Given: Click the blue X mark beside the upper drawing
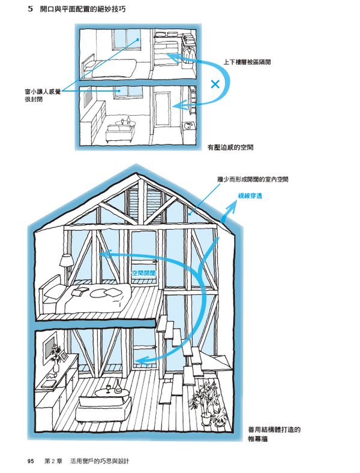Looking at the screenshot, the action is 215,84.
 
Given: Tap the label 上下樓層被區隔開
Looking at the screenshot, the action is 247,62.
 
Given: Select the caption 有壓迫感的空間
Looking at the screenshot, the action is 230,147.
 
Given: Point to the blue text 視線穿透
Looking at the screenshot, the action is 250,196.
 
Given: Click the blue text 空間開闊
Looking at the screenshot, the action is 144,273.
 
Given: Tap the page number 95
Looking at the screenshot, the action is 31,461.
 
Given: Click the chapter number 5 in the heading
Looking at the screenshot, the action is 30,9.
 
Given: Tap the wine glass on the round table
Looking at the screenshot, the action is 108,389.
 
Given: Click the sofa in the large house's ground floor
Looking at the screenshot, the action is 104,409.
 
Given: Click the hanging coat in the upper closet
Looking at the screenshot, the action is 189,55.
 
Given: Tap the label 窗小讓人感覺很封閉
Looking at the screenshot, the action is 43,95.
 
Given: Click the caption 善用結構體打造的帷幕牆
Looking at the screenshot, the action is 274,434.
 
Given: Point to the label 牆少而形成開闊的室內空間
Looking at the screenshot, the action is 253,179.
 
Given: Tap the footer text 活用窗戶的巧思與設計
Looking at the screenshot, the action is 100,461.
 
